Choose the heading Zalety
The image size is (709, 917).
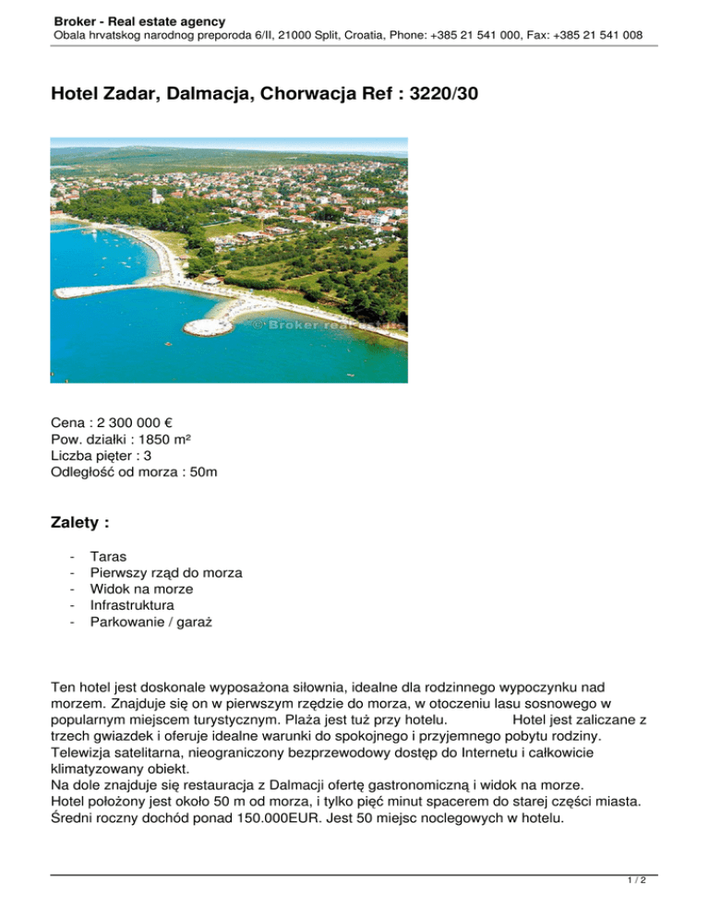click(x=80, y=523)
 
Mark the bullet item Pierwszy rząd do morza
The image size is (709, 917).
click(x=166, y=573)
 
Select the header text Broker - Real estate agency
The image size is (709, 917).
click(x=139, y=20)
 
